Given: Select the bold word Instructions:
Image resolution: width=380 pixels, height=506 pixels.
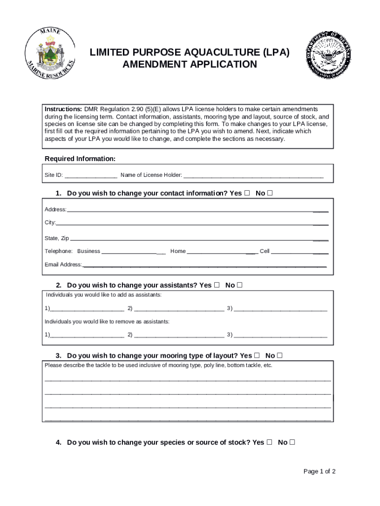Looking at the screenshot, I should (x=63, y=109).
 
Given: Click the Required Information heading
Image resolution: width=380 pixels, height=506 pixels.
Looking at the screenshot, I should (x=80, y=159).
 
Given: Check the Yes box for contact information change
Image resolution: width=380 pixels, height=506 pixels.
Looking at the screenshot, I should (x=247, y=193).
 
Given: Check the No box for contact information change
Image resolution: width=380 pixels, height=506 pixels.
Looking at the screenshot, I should (x=269, y=193).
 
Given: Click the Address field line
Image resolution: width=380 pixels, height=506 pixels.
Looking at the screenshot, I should (x=197, y=210).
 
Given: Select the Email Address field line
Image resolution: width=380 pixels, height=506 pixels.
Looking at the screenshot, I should (x=204, y=265).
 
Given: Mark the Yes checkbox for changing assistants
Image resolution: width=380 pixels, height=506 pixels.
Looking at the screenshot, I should (x=217, y=285).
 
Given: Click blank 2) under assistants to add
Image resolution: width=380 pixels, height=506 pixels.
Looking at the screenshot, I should (x=179, y=309).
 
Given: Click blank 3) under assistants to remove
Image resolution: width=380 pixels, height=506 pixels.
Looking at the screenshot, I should (x=280, y=335).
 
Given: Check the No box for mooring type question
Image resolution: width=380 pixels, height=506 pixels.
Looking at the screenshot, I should (x=280, y=355).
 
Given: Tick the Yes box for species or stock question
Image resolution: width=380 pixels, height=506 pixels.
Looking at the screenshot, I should (x=269, y=442).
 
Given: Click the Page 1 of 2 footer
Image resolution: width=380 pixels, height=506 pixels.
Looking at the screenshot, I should (x=319, y=471).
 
